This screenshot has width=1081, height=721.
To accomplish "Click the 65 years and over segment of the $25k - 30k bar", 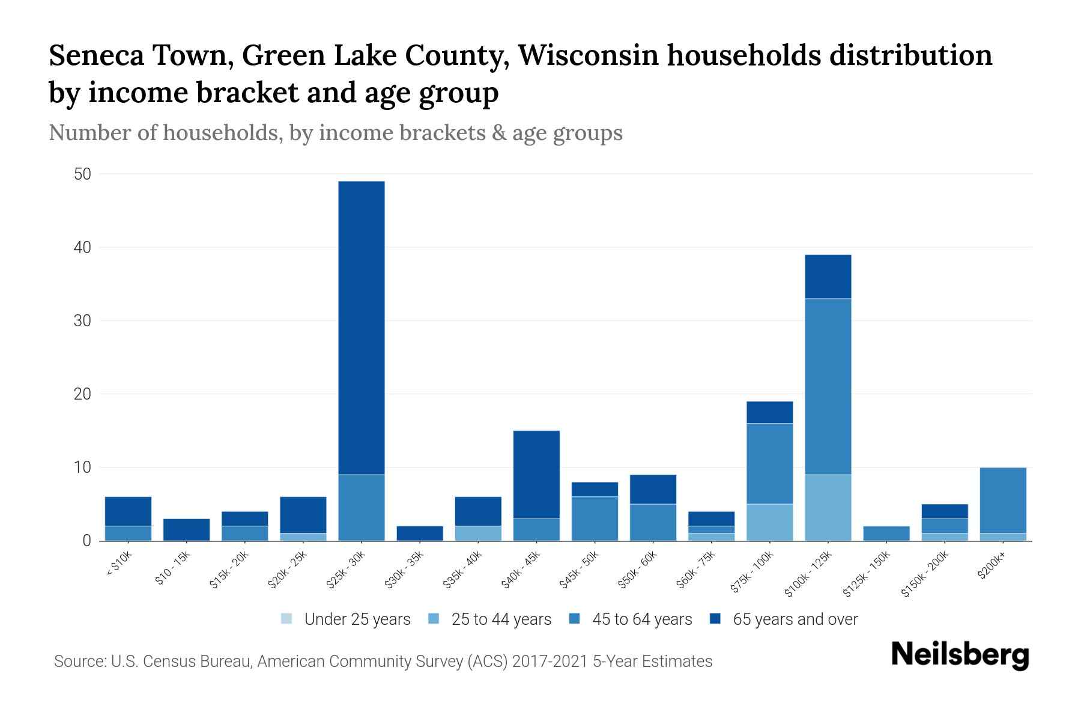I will coord(362,327).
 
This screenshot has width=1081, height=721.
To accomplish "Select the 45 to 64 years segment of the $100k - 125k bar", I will coord(828,386).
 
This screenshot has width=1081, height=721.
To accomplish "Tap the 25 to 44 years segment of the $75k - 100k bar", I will coord(769,522).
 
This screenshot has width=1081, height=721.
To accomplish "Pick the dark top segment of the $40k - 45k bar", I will coord(536,475).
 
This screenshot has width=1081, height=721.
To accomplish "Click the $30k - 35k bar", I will coord(420,534).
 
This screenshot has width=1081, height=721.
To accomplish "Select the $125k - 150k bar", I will coord(886,534).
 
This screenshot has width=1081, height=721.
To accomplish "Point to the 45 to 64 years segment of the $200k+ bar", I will coord(1002,500).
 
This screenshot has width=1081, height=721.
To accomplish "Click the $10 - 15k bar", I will coord(186,530).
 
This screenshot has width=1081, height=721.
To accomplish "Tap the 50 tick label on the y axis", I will coord(82,174).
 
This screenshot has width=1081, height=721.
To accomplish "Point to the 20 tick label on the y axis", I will coord(82,394).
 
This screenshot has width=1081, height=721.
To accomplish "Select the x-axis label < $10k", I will coord(120,565).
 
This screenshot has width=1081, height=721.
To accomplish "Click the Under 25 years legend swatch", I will coord(287,619).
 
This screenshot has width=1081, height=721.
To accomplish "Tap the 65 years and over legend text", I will coord(795,619).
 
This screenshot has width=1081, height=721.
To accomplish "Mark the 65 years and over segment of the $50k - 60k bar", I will coord(653,489).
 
